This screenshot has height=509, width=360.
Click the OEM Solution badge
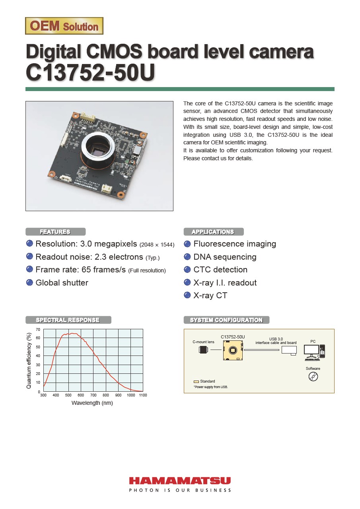click(64, 26)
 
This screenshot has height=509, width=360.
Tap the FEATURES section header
click(55, 232)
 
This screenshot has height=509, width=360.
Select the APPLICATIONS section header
click(213, 232)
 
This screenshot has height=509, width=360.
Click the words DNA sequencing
click(225, 257)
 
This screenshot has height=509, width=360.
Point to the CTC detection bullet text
click(220, 270)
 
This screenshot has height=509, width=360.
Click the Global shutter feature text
click(62, 283)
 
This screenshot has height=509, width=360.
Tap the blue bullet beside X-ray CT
click(187, 295)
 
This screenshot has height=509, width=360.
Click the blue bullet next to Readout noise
click(29, 257)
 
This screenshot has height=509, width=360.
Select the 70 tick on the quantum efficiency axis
click(38, 330)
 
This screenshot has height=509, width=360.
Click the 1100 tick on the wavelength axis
click(143, 395)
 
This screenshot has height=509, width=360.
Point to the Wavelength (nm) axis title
click(92, 403)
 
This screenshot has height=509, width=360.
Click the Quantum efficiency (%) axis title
click(29, 361)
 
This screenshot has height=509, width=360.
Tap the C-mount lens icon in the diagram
click(204, 350)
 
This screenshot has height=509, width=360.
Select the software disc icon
click(313, 377)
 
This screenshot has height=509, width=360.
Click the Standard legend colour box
click(196, 381)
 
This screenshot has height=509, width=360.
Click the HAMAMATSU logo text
click(180, 481)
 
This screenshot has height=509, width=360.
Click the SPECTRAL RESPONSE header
click(68, 320)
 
